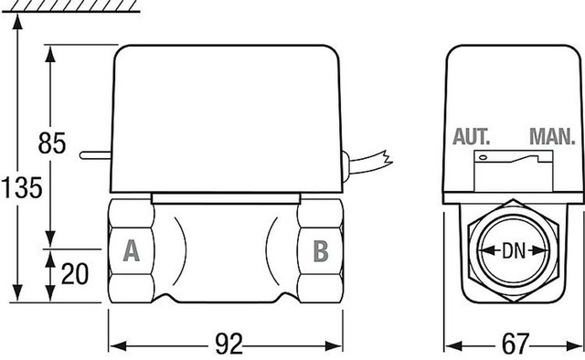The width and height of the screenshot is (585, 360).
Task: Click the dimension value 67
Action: pos(516,344)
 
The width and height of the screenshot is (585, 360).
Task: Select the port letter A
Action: pos(131,249)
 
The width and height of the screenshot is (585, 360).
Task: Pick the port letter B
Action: pos(320,249)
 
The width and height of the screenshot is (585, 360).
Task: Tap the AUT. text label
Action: pos(473,138)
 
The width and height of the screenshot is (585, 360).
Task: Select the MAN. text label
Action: pos(551,138)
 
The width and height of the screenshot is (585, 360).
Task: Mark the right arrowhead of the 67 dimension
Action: pos(579,346)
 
